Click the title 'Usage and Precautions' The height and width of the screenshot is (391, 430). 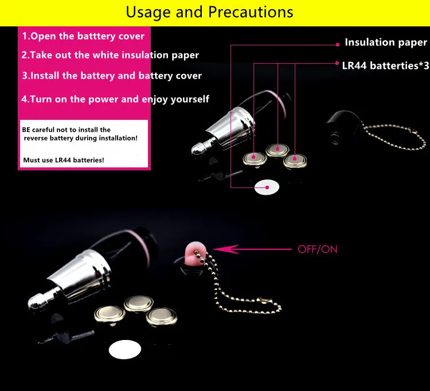(x=209, y=11)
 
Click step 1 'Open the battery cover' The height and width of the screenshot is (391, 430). (x=83, y=36)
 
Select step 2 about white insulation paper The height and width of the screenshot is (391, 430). (x=110, y=55)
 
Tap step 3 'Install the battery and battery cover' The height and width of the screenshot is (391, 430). (x=112, y=75)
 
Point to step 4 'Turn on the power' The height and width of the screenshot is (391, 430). (x=115, y=99)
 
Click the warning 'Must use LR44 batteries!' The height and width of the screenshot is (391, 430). (x=64, y=160)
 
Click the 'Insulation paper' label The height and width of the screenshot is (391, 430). (x=385, y=42)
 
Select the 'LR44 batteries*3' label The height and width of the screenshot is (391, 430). (x=381, y=65)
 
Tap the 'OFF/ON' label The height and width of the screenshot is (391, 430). (x=317, y=249)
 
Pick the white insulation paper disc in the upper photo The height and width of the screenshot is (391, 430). (x=267, y=186)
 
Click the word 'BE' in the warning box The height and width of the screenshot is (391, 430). (x=27, y=130)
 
